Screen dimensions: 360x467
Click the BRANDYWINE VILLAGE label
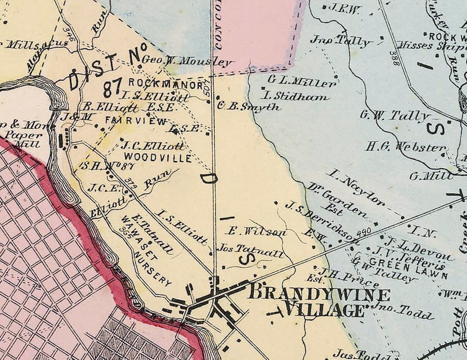[319, 302]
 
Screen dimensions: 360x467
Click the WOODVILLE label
[158, 158]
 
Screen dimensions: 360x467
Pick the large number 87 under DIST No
[112, 89]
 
